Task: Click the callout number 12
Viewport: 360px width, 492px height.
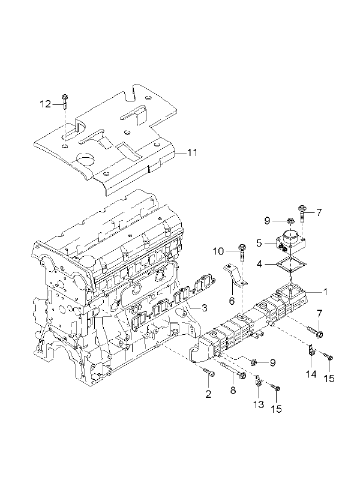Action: click(46, 104)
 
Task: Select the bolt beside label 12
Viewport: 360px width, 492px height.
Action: click(65, 101)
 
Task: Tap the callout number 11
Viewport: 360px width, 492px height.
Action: click(192, 153)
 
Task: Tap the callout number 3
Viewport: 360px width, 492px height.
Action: click(205, 308)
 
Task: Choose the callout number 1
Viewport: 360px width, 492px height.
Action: click(325, 292)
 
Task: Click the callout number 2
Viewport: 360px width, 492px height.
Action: click(208, 394)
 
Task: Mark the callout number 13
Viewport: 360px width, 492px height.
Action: click(259, 404)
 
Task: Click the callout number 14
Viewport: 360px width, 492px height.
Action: click(311, 374)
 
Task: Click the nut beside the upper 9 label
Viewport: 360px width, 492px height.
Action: click(290, 221)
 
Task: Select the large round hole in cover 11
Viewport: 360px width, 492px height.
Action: click(85, 158)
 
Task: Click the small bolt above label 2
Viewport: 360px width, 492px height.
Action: click(209, 372)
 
